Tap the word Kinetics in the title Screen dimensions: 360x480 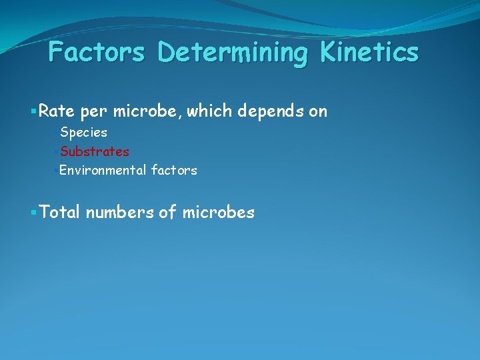pos(370,53)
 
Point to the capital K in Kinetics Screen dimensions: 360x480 pos(331,52)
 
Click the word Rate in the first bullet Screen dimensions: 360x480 pos(57,111)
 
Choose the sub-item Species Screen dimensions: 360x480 pos(83,133)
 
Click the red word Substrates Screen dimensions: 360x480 pos(94,151)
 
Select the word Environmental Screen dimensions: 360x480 pos(102,170)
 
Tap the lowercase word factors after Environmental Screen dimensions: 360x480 pos(174,170)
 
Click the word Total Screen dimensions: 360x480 pos(59,213)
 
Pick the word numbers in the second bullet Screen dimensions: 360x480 pos(119,213)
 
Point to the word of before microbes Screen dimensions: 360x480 pos(167,213)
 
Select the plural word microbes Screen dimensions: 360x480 pos(217,213)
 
